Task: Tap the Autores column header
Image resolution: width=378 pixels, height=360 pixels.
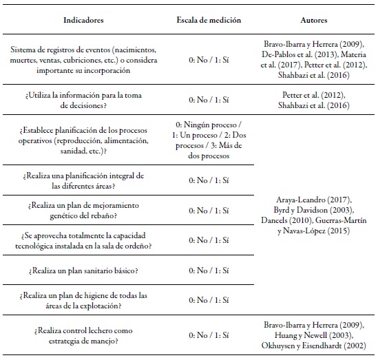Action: pyautogui.click(x=314, y=21)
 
